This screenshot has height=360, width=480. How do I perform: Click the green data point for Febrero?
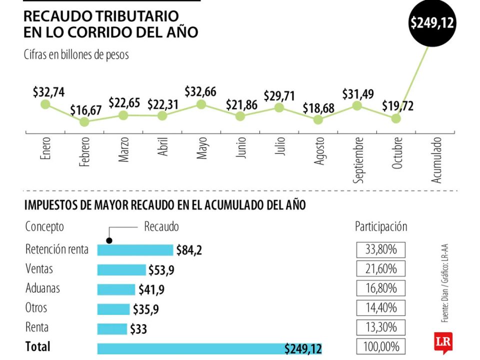84,121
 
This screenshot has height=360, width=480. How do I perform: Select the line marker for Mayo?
201,104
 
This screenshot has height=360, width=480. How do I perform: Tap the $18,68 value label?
318,108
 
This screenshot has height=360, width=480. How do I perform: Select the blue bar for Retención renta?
135,250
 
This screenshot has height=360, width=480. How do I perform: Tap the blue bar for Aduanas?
116,289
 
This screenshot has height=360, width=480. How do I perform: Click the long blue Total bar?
209,348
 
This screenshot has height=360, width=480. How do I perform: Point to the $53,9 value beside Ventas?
161,270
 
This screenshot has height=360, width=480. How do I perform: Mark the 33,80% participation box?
380,249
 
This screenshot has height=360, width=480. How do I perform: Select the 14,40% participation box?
380,308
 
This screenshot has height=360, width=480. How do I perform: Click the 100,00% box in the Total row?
380,346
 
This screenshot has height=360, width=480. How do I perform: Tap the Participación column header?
381,226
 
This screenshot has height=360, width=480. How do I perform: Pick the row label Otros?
36,308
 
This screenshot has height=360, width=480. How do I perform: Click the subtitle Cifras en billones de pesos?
76,54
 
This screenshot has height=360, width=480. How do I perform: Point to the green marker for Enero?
45,104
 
